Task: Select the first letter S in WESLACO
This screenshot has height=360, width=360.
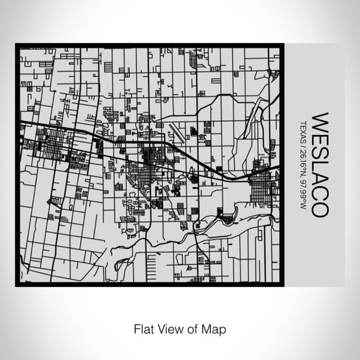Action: click(316, 150)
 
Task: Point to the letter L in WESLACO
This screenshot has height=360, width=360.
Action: click(316, 163)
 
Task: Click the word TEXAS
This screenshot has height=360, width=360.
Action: click(303, 133)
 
